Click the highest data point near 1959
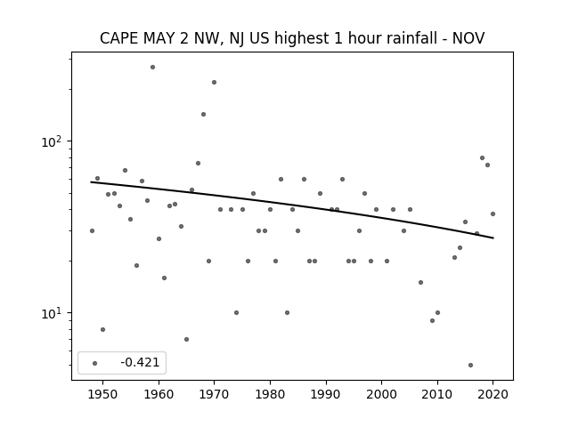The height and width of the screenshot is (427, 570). coord(152,68)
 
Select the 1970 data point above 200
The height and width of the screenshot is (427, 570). coord(214,83)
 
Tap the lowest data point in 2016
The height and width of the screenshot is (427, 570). coord(471,366)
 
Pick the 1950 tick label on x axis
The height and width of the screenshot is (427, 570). coord(103,394)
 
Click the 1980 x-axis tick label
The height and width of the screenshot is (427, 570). coord(270,394)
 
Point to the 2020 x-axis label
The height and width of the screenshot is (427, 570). coord(493,394)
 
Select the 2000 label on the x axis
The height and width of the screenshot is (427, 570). coord(382,394)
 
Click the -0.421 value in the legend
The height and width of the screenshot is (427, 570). coord(141,362)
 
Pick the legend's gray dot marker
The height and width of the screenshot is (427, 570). coord(95,363)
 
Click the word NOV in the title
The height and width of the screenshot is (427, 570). coord(468,38)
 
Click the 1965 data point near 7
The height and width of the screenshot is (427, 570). coord(186,340)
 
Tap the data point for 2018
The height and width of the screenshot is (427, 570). coord(483,158)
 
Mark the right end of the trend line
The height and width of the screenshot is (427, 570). coord(493,238)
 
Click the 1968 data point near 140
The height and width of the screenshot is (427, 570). coord(204,115)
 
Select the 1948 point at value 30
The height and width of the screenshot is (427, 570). coord(92,231)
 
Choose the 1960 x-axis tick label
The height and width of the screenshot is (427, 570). coord(159,394)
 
